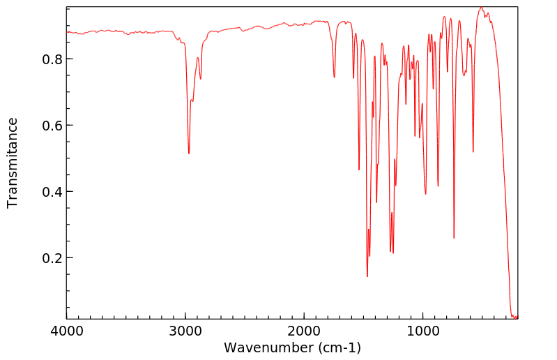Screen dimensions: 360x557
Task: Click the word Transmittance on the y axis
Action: (13, 163)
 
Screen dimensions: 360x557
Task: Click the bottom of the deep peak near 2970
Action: (189, 153)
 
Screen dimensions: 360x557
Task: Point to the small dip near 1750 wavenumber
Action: (335, 77)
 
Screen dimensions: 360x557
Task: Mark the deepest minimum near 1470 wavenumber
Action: (367, 276)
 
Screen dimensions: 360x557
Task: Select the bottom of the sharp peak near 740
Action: (454, 238)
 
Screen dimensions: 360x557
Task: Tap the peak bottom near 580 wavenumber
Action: (473, 152)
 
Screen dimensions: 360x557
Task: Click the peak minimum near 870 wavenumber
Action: (438, 186)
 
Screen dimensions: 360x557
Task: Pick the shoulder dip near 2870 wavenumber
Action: (201, 79)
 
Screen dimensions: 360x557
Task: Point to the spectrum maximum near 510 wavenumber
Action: (481, 8)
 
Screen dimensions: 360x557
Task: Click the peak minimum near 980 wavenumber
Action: (426, 194)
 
